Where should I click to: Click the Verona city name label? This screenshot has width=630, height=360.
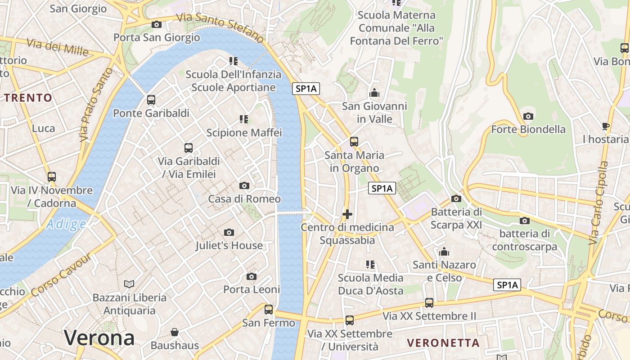point(99,338)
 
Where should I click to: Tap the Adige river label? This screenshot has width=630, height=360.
point(66,224)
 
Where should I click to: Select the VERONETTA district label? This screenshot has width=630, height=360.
point(443,343)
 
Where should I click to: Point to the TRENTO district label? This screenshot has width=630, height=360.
point(28,98)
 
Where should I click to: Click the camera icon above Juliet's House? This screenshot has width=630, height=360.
point(229,232)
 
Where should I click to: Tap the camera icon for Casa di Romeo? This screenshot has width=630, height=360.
point(244,185)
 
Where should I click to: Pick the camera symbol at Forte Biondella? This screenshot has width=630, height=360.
point(528,116)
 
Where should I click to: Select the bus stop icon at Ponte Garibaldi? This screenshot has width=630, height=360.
point(151,100)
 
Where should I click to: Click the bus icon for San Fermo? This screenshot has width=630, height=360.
point(269,310)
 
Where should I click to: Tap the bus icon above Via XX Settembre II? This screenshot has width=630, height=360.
point(429,303)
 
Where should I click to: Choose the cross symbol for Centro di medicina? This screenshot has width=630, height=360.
point(347,214)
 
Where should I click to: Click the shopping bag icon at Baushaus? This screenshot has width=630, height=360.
point(175,333)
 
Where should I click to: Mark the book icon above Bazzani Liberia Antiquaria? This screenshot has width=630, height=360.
point(129,284)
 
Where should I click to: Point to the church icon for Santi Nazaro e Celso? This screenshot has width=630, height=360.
point(445,252)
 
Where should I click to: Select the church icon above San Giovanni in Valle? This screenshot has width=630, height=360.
point(374,93)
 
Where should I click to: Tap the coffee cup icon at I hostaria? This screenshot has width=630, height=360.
point(606,126)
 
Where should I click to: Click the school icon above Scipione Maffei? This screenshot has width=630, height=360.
point(244,119)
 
